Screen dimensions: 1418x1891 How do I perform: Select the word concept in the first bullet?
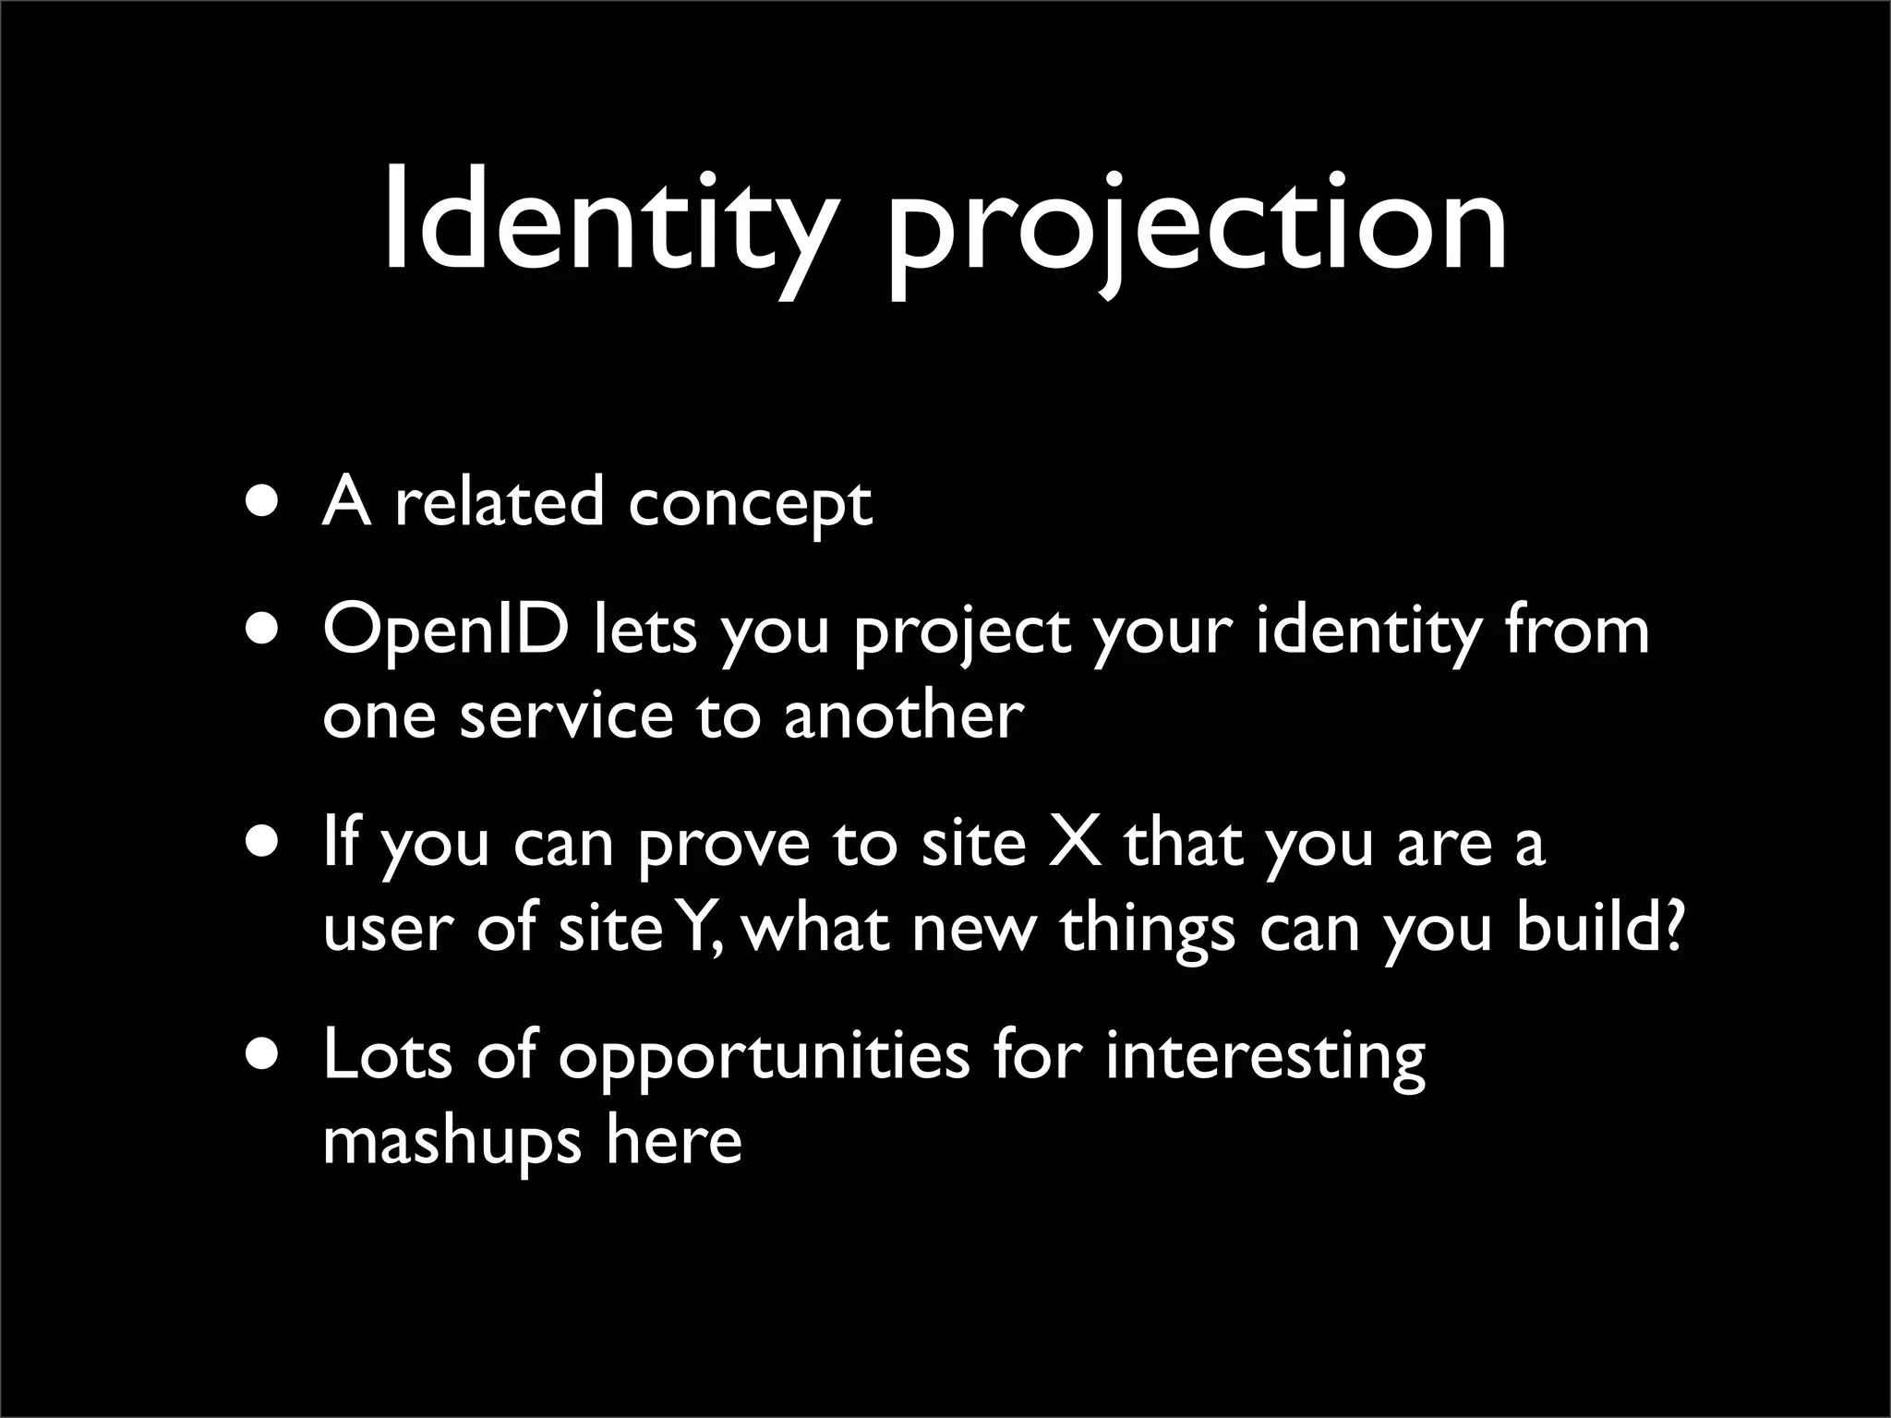click(749, 506)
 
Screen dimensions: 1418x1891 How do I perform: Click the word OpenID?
click(446, 631)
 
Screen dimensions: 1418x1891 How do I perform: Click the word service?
click(566, 715)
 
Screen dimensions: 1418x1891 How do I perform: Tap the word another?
click(904, 715)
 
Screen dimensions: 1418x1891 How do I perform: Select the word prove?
click(723, 846)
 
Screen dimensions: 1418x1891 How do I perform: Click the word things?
click(1147, 929)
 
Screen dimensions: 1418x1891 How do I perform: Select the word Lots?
click(388, 1054)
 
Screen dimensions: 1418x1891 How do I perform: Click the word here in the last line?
click(674, 1140)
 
